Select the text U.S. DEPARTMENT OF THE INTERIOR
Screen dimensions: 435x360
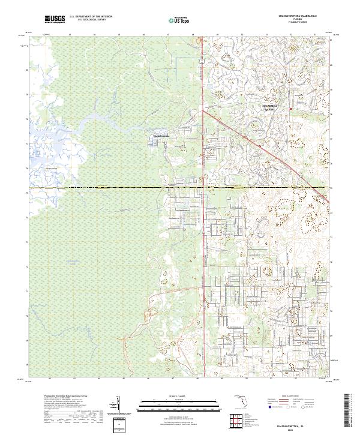[x=91, y=17]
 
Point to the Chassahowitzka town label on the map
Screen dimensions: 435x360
[x=160, y=136]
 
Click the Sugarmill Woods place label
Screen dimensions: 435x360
[x=271, y=106]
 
